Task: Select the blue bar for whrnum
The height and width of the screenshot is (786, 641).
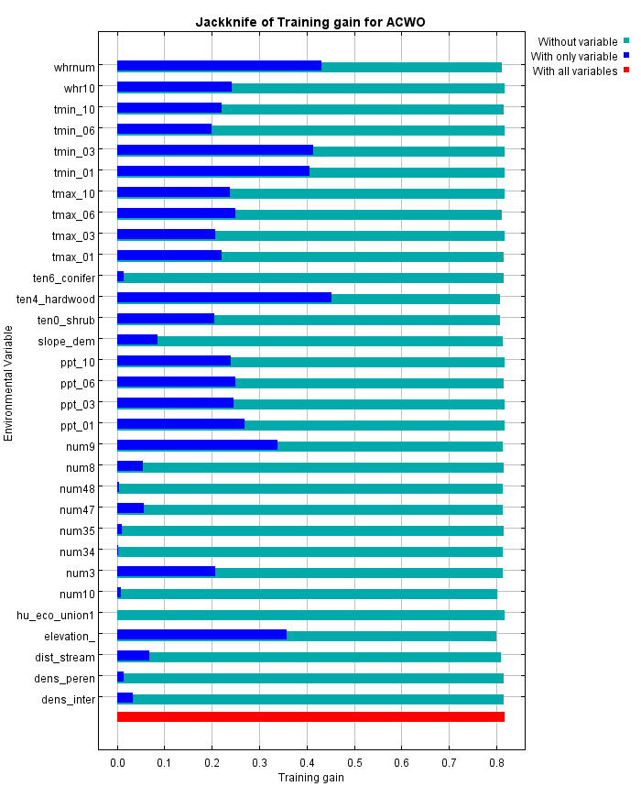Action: point(219,66)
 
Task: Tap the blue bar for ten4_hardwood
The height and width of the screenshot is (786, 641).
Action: point(224,298)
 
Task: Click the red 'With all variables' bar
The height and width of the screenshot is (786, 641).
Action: point(310,716)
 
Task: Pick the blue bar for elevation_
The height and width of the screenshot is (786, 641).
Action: point(201,635)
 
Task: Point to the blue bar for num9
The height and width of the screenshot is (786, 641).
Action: point(197,445)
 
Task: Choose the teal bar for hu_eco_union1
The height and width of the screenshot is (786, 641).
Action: point(310,615)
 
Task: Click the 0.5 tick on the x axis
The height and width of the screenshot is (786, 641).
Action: point(354,762)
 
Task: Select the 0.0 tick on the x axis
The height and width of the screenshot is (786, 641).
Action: point(117,762)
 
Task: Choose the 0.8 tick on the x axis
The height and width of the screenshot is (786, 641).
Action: point(496,762)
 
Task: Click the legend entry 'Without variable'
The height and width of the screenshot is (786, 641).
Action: point(577,41)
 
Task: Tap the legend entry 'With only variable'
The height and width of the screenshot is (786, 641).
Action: point(574,56)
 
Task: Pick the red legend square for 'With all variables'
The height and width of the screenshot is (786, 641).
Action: point(626,71)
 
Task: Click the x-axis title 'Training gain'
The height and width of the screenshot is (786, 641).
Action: point(310,777)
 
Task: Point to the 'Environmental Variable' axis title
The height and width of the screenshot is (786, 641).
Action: point(9,382)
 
